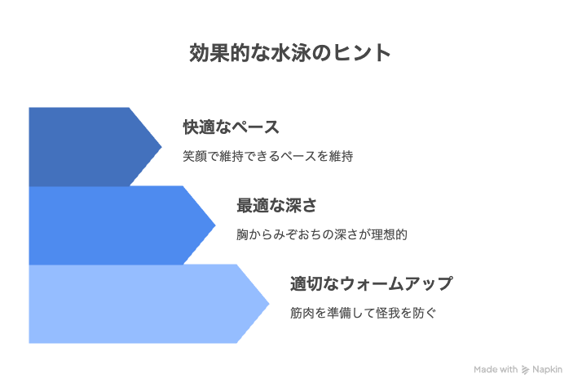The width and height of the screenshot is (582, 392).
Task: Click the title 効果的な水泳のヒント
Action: point(290,52)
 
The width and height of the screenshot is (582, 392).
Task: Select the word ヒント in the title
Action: point(361,52)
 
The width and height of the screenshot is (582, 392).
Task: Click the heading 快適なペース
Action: point(231,127)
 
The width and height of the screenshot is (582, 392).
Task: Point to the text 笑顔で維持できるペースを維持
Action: point(267,156)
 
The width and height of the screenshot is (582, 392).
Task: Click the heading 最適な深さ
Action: point(276,206)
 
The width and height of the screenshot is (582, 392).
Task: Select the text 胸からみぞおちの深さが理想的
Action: point(322,234)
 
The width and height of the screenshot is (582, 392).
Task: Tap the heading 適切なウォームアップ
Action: point(372,284)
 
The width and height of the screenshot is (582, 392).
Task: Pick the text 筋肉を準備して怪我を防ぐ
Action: point(363,313)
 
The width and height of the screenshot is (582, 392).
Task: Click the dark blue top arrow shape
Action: point(89,147)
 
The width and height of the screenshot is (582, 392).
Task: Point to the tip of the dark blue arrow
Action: point(161,147)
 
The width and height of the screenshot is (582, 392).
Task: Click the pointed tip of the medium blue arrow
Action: point(215,225)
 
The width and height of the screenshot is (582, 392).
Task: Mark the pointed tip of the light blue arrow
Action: point(269,304)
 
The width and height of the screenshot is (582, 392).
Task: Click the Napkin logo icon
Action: point(525,370)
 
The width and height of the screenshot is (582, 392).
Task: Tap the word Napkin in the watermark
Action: point(547,370)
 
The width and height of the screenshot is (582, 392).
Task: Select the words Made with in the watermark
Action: point(496,369)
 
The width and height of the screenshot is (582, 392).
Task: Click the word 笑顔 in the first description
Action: point(195,156)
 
